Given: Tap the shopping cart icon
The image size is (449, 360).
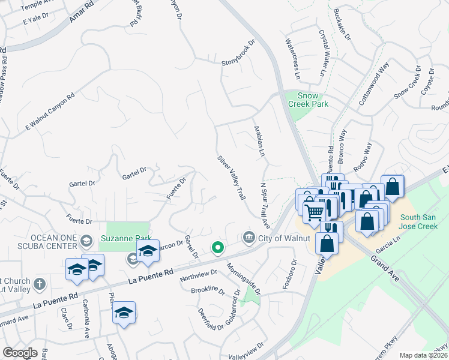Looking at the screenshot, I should click(x=314, y=212).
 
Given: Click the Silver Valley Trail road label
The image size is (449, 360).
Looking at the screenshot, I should click(x=232, y=178).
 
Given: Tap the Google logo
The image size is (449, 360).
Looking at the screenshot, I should click(x=20, y=352).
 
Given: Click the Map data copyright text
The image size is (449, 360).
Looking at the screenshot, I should click(x=423, y=355).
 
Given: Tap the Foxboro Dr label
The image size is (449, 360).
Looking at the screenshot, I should click(x=294, y=271).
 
